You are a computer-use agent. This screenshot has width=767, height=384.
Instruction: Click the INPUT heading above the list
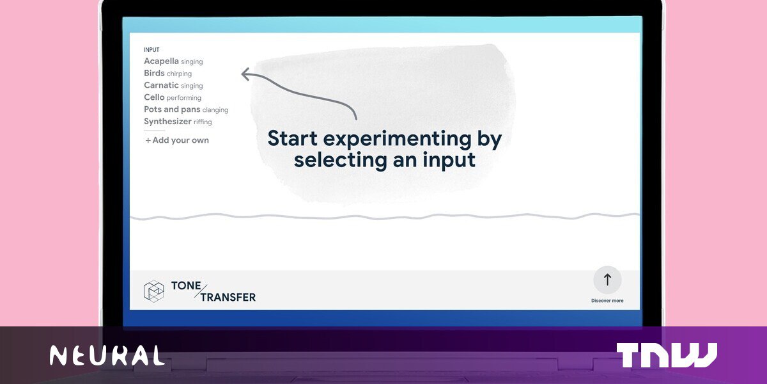[x=151, y=50]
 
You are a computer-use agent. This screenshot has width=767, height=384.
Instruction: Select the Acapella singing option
[x=173, y=61]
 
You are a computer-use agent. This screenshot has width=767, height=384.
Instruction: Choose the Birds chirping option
[x=167, y=74]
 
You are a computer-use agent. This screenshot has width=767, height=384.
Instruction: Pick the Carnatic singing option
[x=173, y=85]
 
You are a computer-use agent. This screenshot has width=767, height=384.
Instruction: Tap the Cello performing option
[x=173, y=97]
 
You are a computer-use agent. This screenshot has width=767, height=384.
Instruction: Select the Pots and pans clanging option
[x=186, y=109]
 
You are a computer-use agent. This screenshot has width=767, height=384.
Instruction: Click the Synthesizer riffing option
[x=178, y=122]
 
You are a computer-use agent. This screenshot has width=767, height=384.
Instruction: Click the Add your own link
[x=177, y=140]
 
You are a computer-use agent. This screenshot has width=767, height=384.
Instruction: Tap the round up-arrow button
[x=607, y=280]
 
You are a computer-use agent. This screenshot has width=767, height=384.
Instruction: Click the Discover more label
[x=607, y=301]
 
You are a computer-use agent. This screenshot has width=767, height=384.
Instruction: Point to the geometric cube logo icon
[x=154, y=291]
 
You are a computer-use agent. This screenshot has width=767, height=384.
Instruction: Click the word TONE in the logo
[x=186, y=285]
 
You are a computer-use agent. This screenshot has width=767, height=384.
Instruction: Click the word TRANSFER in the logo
[x=228, y=297]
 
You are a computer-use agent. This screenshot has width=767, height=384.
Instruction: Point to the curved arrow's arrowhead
[x=245, y=74]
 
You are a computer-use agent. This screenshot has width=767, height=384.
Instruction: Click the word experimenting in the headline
[x=397, y=140]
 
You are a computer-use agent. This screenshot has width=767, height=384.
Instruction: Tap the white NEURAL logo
[x=107, y=356]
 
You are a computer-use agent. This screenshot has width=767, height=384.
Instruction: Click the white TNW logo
[x=667, y=355]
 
